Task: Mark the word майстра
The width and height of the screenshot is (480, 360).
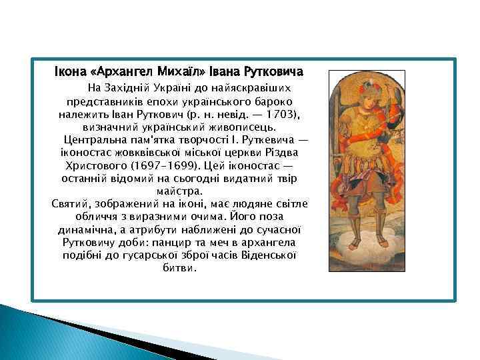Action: pyautogui.click(x=179, y=191)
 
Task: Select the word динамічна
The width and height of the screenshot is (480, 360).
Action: pyautogui.click(x=87, y=230)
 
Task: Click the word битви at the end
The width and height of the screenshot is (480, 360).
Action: pyautogui.click(x=179, y=268)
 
